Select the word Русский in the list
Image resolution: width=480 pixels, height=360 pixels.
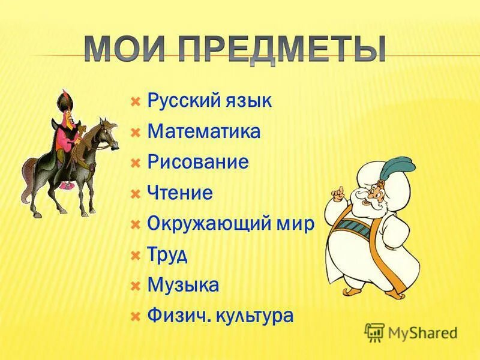point(183,100)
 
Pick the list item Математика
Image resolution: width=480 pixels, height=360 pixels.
point(203,131)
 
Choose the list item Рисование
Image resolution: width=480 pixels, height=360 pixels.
point(197,162)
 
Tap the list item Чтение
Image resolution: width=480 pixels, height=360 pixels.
point(179,193)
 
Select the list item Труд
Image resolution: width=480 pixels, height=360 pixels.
point(167,254)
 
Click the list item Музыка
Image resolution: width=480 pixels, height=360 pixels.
point(182,286)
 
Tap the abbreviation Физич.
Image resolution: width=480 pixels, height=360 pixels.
point(174,316)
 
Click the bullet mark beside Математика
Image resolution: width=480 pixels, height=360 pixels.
point(136,131)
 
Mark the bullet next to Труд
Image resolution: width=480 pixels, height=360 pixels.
point(136,254)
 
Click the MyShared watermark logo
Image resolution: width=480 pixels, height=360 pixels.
point(411,332)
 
